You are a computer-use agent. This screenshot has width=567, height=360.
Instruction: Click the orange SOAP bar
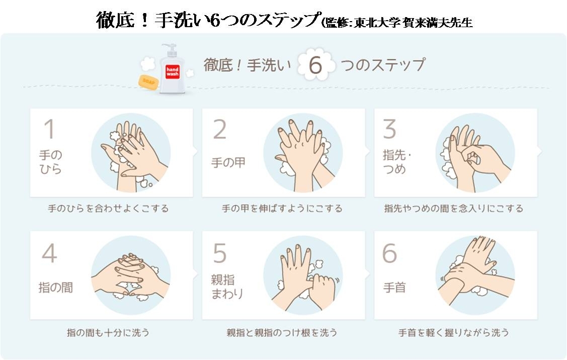148,82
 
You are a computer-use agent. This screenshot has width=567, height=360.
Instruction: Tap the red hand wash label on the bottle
173,71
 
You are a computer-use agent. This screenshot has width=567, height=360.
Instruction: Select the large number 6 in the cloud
315,65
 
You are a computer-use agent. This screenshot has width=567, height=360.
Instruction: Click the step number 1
49,129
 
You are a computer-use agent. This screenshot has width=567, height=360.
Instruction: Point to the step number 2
220,129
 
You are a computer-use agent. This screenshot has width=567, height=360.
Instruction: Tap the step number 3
390,129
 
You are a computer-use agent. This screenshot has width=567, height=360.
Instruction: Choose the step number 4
49,253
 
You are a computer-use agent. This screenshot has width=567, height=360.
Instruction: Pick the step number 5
220,253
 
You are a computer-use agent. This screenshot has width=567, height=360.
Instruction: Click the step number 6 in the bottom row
390,253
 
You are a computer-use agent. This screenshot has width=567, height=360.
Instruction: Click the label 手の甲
228,162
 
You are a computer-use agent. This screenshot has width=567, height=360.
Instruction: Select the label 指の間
56,288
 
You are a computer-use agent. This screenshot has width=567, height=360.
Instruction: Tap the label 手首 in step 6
394,288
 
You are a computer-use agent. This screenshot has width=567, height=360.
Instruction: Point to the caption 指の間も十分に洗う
108,332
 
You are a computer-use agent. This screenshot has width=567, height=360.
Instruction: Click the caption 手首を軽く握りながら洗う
453,332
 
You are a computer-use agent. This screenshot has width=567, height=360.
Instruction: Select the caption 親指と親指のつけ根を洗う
282,332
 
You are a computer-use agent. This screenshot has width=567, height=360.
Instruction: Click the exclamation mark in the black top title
145,21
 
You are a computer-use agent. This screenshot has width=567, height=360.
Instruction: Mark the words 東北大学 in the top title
377,23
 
